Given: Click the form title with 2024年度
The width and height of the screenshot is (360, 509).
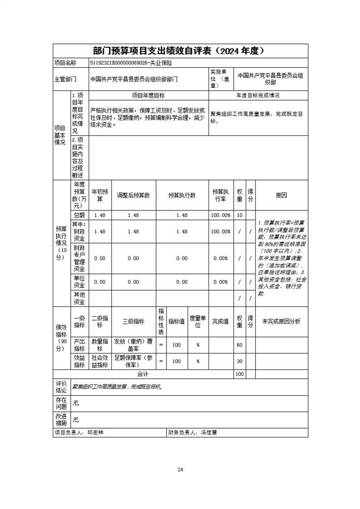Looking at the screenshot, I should [180, 50].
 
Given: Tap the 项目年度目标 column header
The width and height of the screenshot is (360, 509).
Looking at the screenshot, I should [148, 96].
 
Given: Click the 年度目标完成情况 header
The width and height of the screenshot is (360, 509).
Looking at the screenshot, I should [258, 96].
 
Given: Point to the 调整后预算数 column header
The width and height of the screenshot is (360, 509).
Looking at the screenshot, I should [133, 196].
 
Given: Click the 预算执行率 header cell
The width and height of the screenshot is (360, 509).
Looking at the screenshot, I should [221, 196].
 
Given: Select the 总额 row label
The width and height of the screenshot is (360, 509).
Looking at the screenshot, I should [79, 215].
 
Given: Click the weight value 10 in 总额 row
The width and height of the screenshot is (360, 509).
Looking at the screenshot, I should [240, 215].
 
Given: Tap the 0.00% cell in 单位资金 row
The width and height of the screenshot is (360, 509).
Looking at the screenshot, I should [221, 282].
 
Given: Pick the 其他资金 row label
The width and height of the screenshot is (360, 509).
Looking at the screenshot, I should [79, 298].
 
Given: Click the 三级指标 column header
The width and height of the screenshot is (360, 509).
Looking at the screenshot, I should [133, 322].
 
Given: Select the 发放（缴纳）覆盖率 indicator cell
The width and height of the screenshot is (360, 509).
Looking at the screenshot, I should [133, 345].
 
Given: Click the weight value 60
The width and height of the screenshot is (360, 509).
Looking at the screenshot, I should [240, 345].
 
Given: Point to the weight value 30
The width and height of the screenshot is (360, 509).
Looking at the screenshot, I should [240, 361].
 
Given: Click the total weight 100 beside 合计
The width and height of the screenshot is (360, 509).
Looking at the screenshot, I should [240, 374].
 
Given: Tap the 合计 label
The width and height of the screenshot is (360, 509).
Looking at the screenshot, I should [143, 374].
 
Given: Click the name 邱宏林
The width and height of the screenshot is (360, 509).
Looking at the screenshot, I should [95, 433].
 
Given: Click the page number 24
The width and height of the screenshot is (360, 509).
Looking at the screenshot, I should [180, 470].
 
